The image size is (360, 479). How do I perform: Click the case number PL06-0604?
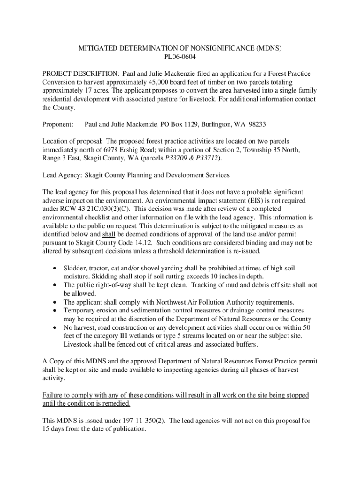click(180, 57)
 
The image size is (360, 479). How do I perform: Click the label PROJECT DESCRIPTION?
click(80, 74)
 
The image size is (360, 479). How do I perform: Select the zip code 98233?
click(256, 124)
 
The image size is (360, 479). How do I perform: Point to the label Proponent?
click(58, 124)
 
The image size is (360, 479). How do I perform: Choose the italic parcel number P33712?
click(207, 158)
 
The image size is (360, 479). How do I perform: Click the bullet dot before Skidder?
click(56, 268)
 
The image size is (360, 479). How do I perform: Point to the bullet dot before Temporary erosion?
click(56, 310)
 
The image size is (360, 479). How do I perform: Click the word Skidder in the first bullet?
click(75, 268)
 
